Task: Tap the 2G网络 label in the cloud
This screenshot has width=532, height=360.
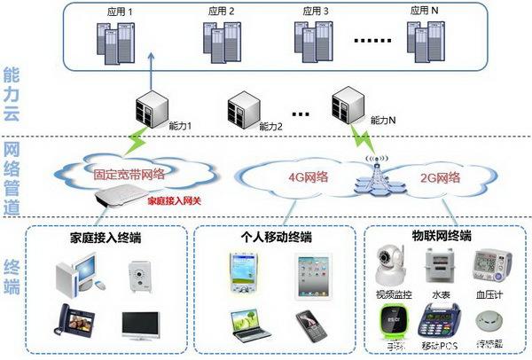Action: click(440, 177)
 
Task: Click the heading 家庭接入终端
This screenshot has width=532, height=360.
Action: click(106, 238)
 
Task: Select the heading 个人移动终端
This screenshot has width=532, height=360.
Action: click(276, 238)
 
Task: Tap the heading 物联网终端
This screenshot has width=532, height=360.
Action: click(442, 238)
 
